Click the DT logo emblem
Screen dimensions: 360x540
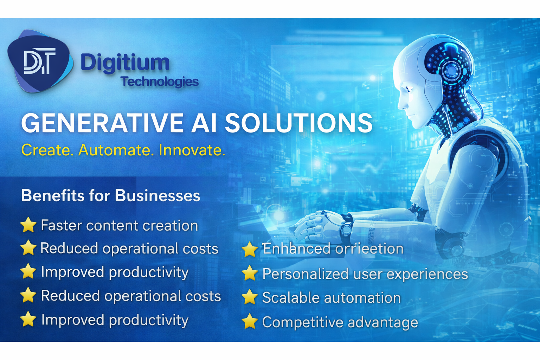40,62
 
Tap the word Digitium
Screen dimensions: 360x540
125,63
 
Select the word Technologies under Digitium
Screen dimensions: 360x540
160,82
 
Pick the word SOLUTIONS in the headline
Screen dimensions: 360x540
298,123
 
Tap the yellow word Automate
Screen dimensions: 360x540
116,150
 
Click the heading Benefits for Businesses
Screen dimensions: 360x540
110,195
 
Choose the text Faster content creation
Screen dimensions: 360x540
119,225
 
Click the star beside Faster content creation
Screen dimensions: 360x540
28,225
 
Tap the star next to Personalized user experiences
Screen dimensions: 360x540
250,274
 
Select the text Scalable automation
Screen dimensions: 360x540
331,298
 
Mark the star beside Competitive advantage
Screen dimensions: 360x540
250,322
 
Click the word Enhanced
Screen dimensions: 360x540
296,249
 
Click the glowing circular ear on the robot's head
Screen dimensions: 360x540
451,70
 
